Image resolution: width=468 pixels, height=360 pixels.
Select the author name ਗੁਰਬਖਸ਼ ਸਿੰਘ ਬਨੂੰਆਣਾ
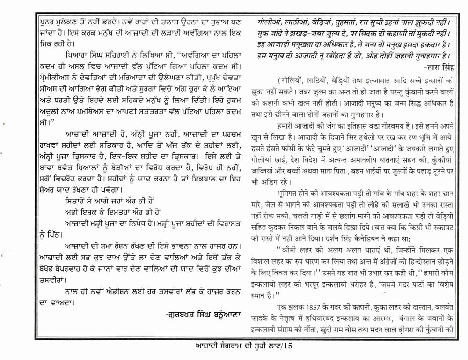coord(203,314)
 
